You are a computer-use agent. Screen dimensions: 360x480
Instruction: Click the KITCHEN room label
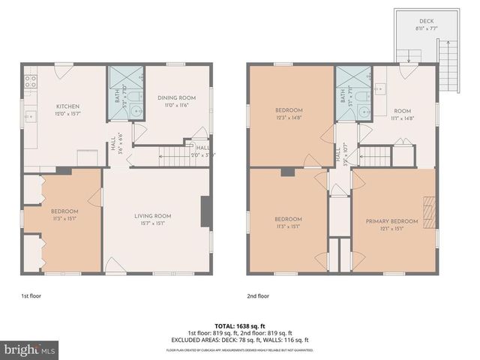pos(67,106)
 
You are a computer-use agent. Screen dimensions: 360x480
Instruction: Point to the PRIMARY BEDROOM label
pos(391,221)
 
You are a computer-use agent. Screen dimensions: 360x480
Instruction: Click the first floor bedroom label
pos(64,211)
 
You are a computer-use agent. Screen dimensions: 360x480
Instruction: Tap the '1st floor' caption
pos(31,295)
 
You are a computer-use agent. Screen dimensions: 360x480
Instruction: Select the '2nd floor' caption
pos(258,295)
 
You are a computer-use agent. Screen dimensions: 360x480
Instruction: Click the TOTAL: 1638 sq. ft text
pos(239,326)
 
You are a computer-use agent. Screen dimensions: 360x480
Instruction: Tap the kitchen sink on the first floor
pos(30,117)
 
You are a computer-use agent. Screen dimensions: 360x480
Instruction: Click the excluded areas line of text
pos(239,340)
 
